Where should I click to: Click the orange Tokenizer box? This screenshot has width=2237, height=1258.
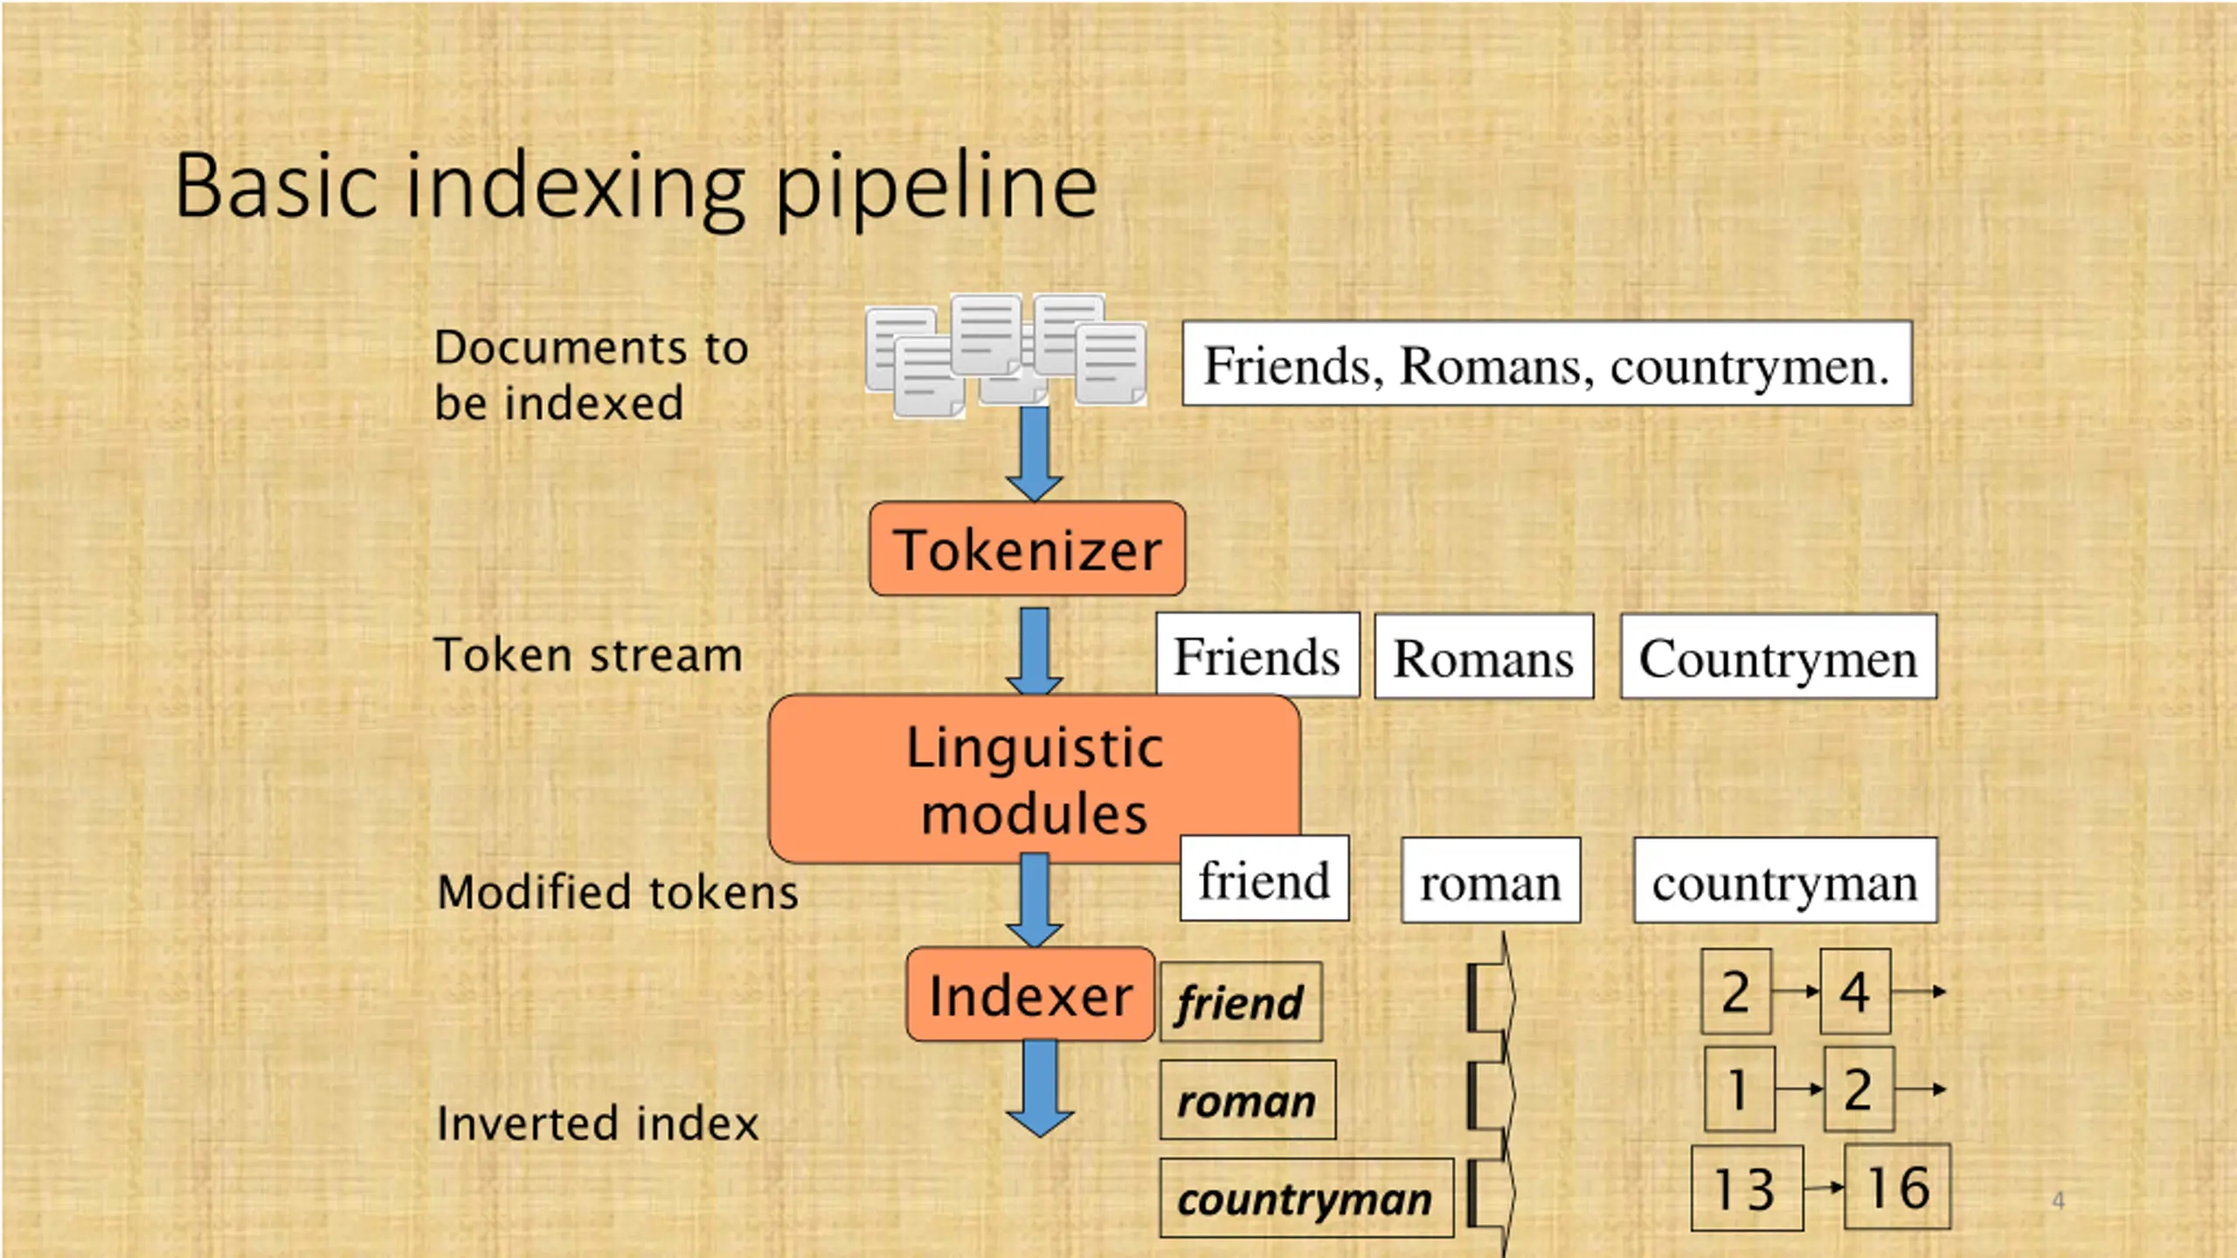(x=1027, y=549)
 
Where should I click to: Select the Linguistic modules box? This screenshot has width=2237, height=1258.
(x=1035, y=779)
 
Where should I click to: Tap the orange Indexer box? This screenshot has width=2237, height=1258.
(x=1030, y=994)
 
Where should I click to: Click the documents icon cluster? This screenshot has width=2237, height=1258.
(x=1006, y=355)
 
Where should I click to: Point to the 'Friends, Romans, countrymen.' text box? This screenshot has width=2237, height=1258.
(x=1547, y=363)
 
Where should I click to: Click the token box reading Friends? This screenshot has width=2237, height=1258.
(x=1257, y=655)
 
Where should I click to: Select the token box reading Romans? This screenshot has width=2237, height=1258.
(x=1484, y=656)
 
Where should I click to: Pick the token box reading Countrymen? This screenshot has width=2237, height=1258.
(x=1778, y=656)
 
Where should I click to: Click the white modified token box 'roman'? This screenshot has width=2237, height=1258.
(x=1491, y=881)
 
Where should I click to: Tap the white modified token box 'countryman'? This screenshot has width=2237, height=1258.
(x=1785, y=881)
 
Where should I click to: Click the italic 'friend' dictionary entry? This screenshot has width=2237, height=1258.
(x=1241, y=1002)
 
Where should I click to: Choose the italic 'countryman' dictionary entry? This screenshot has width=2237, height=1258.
(x=1306, y=1198)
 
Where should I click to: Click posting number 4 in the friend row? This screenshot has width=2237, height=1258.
(x=1855, y=992)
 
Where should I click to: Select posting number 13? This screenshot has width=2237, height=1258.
(x=1747, y=1188)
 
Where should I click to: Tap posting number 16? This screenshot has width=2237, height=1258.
(x=1897, y=1186)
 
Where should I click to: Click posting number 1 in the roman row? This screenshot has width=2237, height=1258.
(x=1740, y=1089)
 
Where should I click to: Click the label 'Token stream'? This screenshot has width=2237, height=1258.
(x=588, y=655)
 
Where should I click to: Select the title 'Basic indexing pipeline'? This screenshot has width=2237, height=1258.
(x=636, y=188)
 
